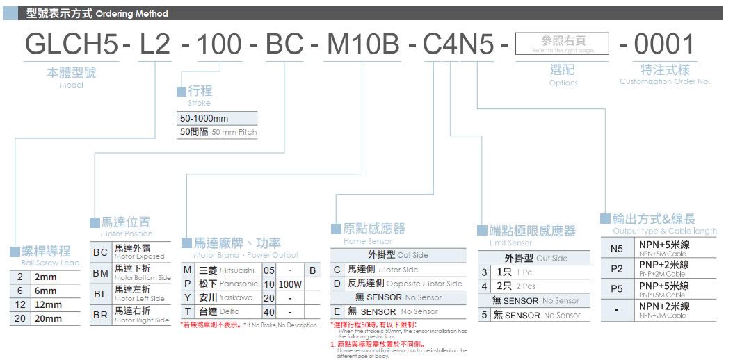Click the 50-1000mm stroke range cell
pyautogui.click(x=218, y=118)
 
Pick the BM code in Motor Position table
pyautogui.click(x=100, y=273)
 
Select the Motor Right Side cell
pyautogui.click(x=142, y=315)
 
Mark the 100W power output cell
pyautogui.click(x=291, y=284)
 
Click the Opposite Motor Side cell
pyautogui.click(x=405, y=284)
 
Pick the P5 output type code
pyautogui.click(x=616, y=288)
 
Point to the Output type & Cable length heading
pyautogui.click(x=664, y=231)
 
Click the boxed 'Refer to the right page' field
pyautogui.click(x=563, y=44)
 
